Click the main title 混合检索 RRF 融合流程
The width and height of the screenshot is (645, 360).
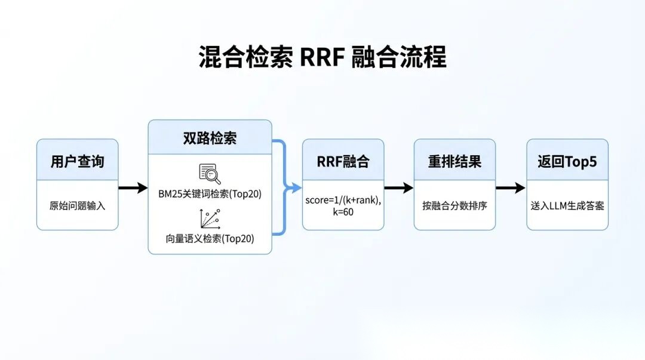coord(322,58)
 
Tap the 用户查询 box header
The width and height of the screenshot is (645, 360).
coord(77,161)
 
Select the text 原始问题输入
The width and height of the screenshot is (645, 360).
coord(77,206)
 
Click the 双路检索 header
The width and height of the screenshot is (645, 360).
coord(210,137)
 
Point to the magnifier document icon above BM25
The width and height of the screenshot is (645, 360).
coord(210,173)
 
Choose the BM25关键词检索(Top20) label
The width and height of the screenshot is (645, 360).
coord(210,194)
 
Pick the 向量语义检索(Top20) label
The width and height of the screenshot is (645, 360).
coord(210,239)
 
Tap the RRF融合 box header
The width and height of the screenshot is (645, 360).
coord(343,161)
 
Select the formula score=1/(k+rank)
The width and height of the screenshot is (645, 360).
coord(343,201)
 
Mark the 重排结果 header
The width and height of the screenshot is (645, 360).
coord(454,161)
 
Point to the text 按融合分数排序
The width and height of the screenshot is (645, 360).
coord(454,206)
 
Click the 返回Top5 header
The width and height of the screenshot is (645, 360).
coord(567,161)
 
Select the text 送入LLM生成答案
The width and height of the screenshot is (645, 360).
coord(567,206)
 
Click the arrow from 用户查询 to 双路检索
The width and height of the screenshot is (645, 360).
coord(133,188)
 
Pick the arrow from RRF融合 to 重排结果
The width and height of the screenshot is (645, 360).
coord(398,188)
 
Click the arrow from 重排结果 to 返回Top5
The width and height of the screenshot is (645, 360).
coord(511,188)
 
